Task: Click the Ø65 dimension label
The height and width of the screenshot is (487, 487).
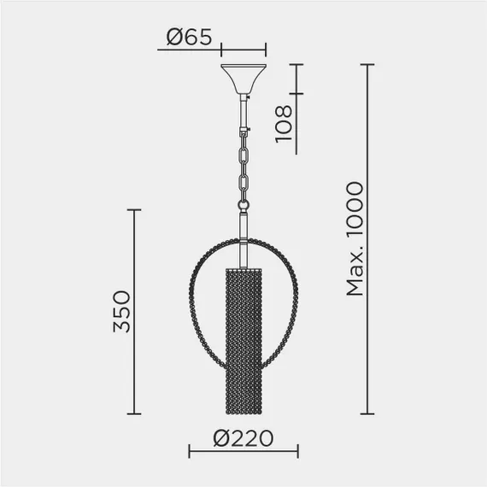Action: pos(189,37)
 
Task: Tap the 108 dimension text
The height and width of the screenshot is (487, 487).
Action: pos(284,124)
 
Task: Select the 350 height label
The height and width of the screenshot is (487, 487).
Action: pos(121,311)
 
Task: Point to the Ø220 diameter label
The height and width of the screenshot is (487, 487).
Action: pos(243,438)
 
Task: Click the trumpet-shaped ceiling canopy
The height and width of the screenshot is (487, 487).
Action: pos(243,79)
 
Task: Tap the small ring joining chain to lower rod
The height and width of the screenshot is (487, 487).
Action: pos(243,205)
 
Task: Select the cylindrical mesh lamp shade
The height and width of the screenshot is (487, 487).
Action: pos(243,340)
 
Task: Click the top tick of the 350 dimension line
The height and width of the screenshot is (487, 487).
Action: pos(134,210)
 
